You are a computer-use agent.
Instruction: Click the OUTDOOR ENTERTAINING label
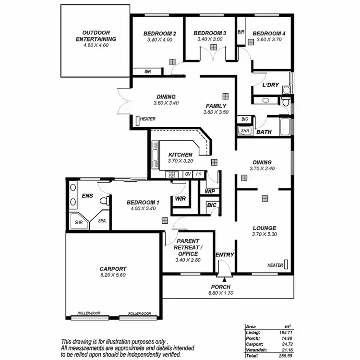click(x=96, y=36)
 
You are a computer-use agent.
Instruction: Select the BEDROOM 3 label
click(x=210, y=33)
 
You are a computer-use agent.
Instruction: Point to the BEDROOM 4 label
click(x=270, y=34)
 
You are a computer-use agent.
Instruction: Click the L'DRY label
click(x=271, y=85)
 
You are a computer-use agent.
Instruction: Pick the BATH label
click(x=264, y=132)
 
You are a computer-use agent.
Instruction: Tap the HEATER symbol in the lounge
click(x=286, y=264)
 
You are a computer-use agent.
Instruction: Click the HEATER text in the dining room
click(x=148, y=119)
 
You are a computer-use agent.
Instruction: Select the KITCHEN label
click(x=180, y=155)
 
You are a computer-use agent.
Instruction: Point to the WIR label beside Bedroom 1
click(x=180, y=198)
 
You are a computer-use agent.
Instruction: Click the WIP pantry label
click(x=210, y=191)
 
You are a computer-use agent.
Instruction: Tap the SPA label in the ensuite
click(x=102, y=221)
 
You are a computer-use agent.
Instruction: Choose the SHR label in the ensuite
click(x=78, y=222)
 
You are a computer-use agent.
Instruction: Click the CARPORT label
click(x=113, y=269)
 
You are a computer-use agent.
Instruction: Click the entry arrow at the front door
click(x=224, y=277)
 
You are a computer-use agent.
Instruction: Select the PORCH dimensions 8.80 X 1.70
click(x=221, y=293)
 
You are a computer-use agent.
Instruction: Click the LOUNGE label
click(x=264, y=228)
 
